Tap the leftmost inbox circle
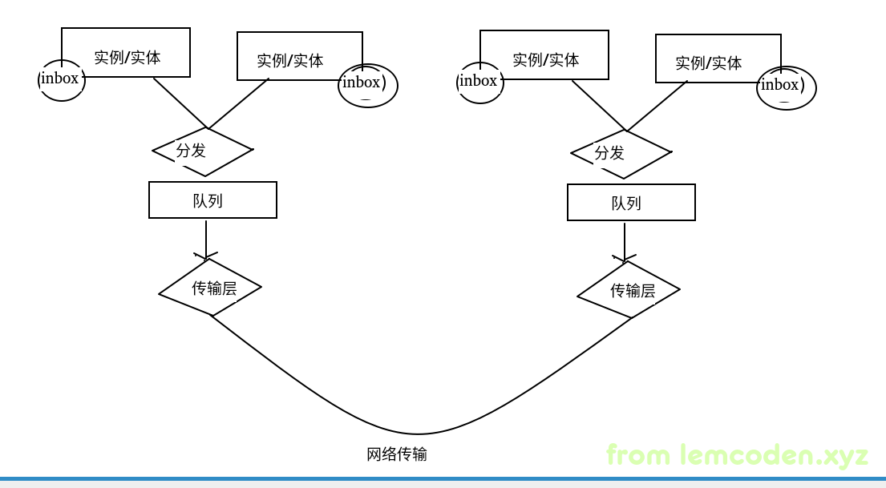click(x=61, y=80)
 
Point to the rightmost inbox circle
click(x=786, y=87)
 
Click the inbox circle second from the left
click(x=367, y=85)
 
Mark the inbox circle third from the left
click(x=479, y=83)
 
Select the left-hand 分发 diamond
click(x=203, y=151)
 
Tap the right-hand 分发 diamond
click(x=621, y=154)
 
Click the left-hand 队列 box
click(x=212, y=200)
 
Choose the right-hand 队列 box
click(x=631, y=203)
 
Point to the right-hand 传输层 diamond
click(x=629, y=291)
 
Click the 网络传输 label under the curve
click(x=397, y=455)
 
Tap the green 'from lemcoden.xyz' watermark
click(x=737, y=455)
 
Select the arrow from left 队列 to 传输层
click(x=206, y=239)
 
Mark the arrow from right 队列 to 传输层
click(x=625, y=241)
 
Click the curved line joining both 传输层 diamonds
click(x=417, y=434)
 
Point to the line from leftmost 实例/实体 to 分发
click(x=180, y=103)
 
